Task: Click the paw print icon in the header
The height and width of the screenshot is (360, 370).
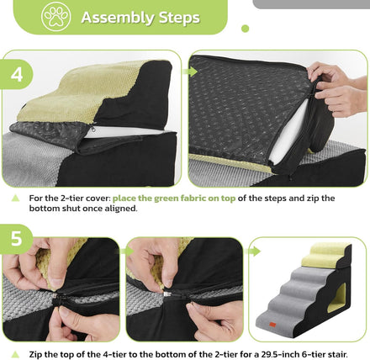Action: point(56,16)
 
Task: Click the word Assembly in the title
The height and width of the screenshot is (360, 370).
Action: point(118,18)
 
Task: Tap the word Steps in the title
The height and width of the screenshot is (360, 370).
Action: point(179,18)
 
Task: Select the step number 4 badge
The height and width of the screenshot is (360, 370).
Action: point(17,74)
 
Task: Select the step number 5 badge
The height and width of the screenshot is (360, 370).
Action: point(16,239)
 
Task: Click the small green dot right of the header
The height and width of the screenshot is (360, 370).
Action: point(246,29)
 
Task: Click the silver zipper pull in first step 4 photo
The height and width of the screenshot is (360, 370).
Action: point(93,129)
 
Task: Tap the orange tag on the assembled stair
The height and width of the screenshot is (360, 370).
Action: point(272,325)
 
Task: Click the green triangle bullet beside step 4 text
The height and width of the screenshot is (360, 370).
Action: point(16,199)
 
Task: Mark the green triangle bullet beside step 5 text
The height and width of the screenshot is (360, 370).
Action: point(16,354)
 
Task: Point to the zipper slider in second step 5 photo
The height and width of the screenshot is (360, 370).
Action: point(167,294)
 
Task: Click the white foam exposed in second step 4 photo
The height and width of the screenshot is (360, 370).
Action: point(288,133)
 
